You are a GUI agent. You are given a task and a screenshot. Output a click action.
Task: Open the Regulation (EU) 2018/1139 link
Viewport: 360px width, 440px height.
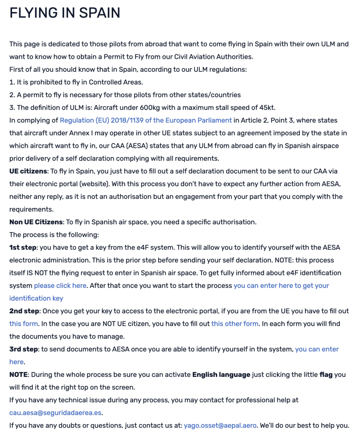(x=146, y=120)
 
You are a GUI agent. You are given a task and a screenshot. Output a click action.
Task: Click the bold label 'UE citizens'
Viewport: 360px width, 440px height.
(x=28, y=171)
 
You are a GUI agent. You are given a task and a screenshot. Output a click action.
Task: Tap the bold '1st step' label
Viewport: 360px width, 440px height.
(x=23, y=247)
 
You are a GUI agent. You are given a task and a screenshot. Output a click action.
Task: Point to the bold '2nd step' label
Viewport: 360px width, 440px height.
(x=24, y=311)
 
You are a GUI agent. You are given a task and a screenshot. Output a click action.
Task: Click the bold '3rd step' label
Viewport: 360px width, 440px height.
(x=24, y=349)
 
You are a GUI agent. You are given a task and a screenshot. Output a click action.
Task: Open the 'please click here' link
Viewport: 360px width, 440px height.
(x=60, y=285)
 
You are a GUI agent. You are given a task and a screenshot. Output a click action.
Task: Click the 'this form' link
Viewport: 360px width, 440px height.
(x=24, y=324)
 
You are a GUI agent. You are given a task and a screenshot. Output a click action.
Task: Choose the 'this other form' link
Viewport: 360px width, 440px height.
(x=235, y=324)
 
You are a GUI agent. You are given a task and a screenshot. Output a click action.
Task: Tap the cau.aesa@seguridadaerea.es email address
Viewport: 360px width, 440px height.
(x=55, y=413)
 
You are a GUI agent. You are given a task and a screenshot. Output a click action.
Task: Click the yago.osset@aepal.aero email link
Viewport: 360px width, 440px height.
(x=220, y=425)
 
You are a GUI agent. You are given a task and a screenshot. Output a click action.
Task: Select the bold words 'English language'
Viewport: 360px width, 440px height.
(x=221, y=375)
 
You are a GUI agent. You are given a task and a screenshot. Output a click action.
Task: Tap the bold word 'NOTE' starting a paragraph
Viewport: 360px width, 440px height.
(x=19, y=375)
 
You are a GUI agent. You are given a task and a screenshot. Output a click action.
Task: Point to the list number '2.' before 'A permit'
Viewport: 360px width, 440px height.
(x=12, y=95)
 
